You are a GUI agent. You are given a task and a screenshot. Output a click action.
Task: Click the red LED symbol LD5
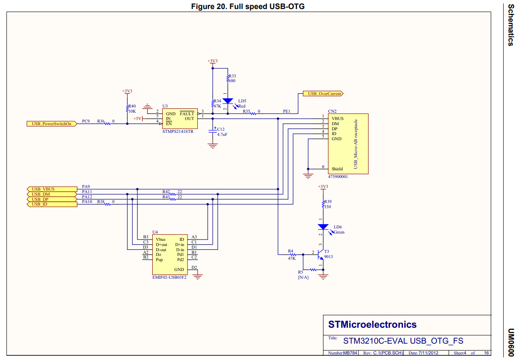(228, 102)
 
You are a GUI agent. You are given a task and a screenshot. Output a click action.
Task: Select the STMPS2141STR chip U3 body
(179, 118)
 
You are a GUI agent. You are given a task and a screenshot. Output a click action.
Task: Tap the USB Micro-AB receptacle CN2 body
(348, 144)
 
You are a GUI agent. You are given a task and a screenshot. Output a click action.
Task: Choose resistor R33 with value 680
(228, 78)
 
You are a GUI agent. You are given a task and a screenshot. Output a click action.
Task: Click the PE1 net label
(286, 111)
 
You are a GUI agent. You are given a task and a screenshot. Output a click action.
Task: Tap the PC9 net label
(86, 121)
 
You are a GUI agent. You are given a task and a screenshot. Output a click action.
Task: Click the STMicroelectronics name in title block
(372, 324)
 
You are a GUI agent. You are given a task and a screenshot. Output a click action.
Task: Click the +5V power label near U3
(137, 118)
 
